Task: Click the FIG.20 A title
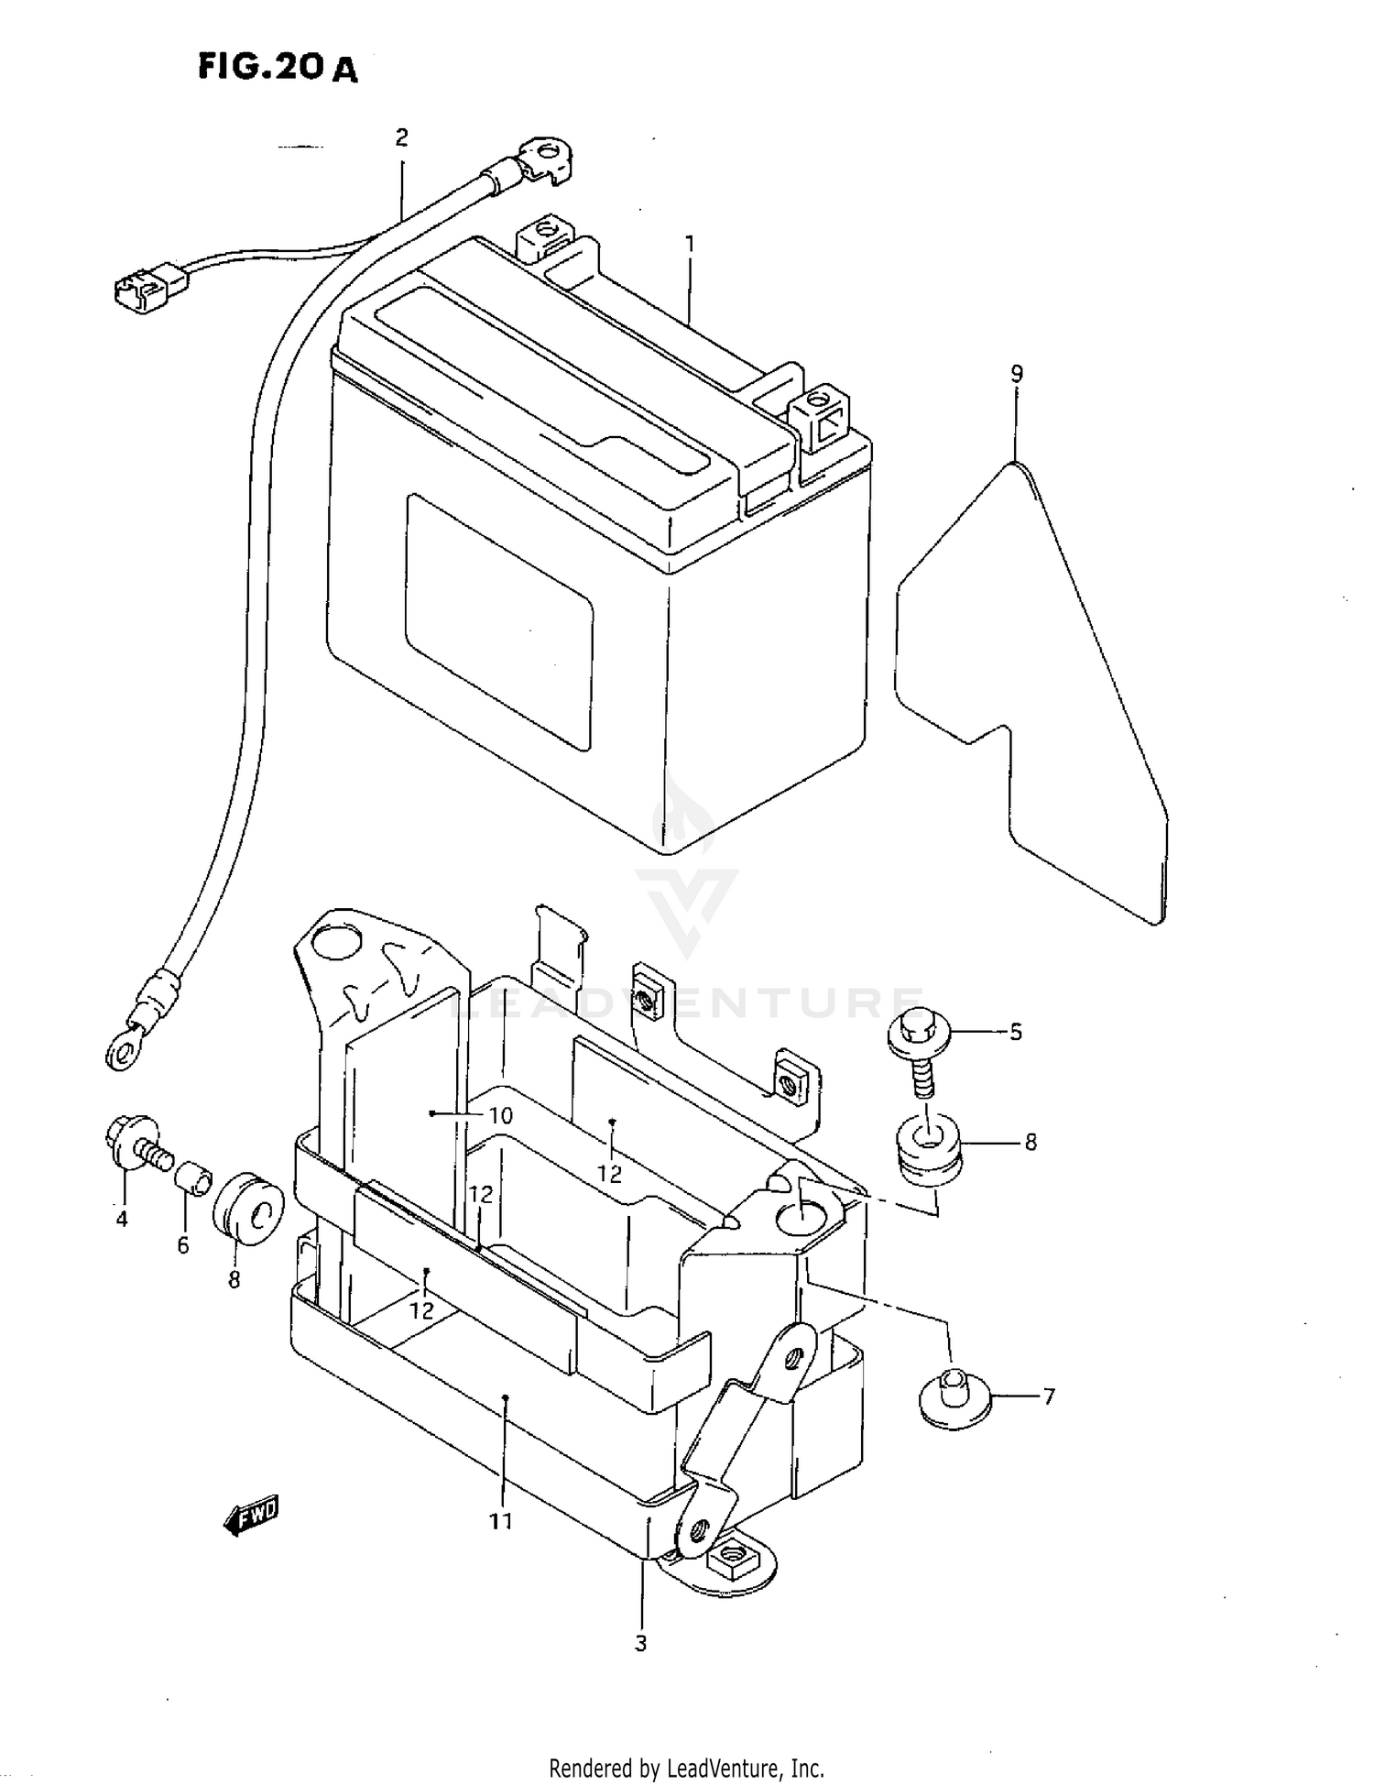(x=278, y=68)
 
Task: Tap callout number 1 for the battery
(x=689, y=245)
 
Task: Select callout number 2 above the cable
(x=401, y=137)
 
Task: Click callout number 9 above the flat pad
(x=1016, y=374)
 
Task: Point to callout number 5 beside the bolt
(x=1016, y=1032)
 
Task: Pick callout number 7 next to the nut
(x=1049, y=1396)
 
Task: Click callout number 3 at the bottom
(x=640, y=1643)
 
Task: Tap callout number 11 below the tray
(x=500, y=1521)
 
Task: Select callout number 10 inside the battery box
(x=501, y=1116)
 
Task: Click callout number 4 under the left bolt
(x=122, y=1219)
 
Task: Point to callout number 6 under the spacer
(x=183, y=1245)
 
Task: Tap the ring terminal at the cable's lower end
(x=125, y=1046)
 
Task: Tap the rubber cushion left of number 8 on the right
(x=928, y=1151)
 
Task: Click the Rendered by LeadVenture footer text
(x=686, y=1768)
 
